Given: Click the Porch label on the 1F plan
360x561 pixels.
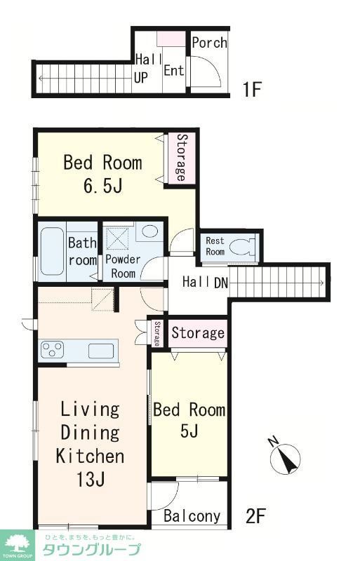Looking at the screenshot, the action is [x=209, y=43].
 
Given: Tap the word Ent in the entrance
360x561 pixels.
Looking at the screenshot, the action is [x=174, y=70].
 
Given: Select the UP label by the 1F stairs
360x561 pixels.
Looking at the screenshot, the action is [x=141, y=77].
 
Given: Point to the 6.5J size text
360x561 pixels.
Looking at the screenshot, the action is [x=102, y=186].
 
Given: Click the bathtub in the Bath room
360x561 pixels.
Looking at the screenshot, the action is [x=52, y=251].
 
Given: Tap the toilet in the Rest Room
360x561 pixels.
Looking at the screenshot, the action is [x=242, y=247].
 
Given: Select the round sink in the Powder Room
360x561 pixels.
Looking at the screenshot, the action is [x=149, y=231].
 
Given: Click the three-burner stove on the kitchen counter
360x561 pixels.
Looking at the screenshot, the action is [x=53, y=349].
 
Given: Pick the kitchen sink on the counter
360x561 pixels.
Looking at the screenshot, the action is [x=101, y=351].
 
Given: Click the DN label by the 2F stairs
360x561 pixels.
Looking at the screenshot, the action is [x=221, y=283].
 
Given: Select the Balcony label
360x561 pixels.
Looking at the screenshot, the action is [x=192, y=516].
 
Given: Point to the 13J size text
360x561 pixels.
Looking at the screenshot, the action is [x=91, y=479].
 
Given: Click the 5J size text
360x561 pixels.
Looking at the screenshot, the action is [x=189, y=431].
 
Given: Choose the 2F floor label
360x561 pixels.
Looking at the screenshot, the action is [x=255, y=516].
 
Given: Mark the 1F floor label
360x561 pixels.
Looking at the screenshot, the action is [x=252, y=89].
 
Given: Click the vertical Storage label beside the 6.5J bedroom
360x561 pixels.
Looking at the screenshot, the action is [x=182, y=158].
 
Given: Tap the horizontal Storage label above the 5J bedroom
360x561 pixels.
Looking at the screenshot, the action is [x=198, y=332].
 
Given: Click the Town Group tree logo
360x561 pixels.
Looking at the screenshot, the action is [x=16, y=545].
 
